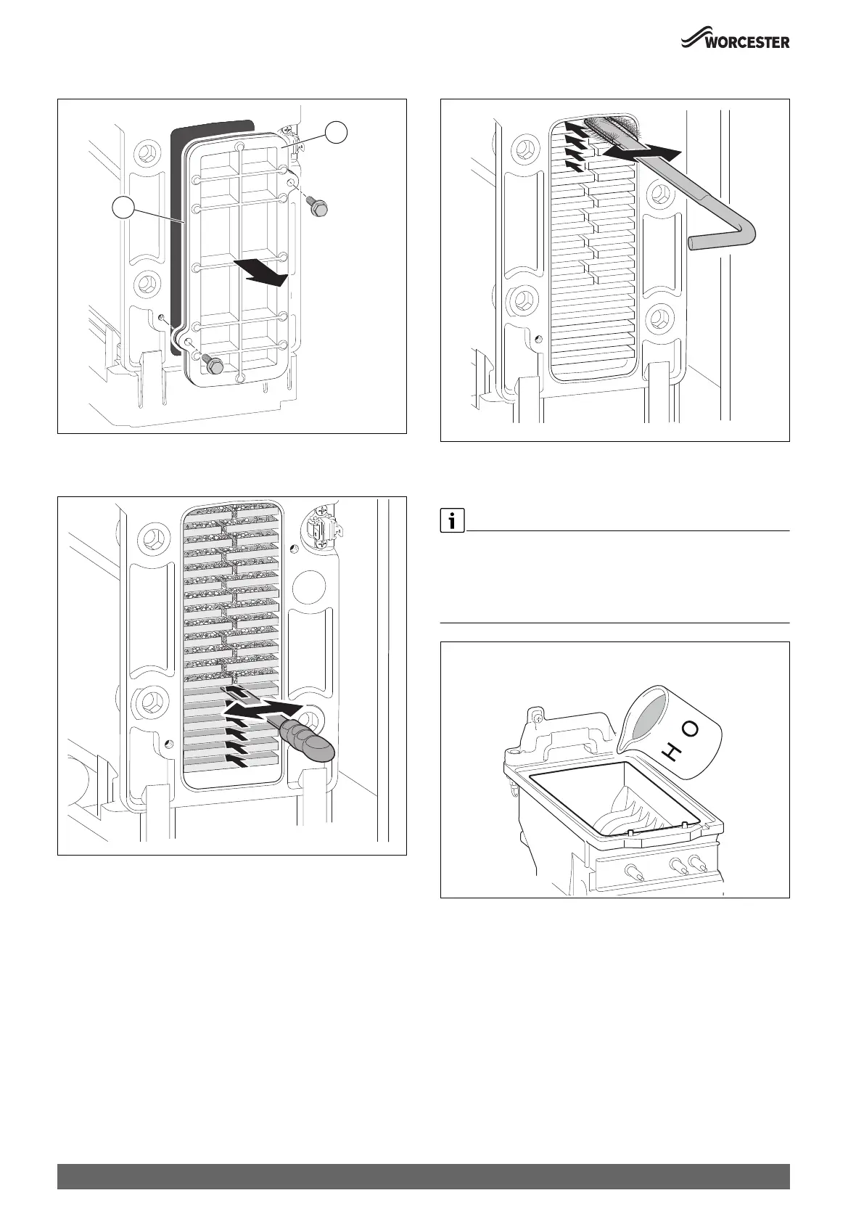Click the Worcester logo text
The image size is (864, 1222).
tap(747, 43)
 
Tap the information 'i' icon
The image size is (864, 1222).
tap(452, 522)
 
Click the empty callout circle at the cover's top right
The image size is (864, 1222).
tap(336, 133)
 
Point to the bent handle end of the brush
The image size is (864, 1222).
tap(707, 242)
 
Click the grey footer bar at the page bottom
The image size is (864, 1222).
tap(423, 1176)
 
